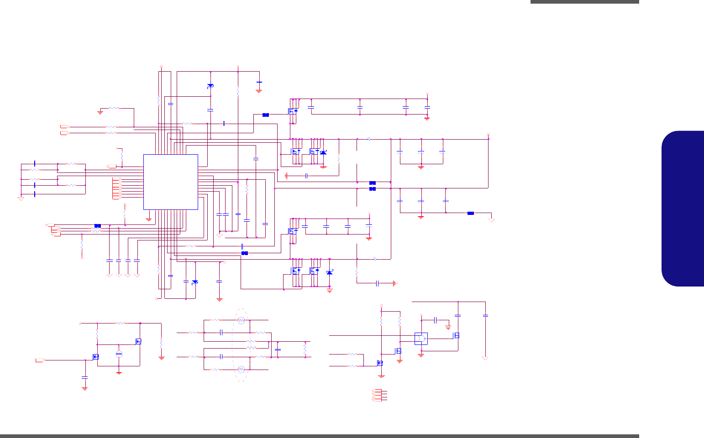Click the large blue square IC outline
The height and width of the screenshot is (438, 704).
[x=171, y=182]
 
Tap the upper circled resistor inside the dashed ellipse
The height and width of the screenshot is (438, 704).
[x=242, y=321]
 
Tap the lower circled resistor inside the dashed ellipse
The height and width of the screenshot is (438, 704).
[x=242, y=369]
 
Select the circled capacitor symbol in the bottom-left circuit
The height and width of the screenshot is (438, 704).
[x=119, y=354]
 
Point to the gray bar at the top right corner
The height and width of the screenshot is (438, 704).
[x=584, y=2]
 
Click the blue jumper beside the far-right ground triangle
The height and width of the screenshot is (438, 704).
[x=470, y=213]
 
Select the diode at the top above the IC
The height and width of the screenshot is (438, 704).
[x=210, y=86]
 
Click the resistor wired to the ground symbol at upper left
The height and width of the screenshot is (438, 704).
[x=113, y=109]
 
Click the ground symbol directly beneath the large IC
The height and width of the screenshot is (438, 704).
[x=148, y=219]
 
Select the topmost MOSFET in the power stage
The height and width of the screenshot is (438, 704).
[x=292, y=110]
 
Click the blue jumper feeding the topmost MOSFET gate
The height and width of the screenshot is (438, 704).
[x=266, y=115]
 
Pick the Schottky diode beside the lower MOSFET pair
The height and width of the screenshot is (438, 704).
[x=330, y=273]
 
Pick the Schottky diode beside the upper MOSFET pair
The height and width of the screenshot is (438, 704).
[x=323, y=152]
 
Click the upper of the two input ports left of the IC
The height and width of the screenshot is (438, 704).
[x=64, y=126]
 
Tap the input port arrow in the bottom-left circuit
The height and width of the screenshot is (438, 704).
[x=40, y=360]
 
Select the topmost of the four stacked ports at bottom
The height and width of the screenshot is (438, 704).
[x=375, y=391]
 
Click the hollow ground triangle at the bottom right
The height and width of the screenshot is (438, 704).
[x=485, y=358]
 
